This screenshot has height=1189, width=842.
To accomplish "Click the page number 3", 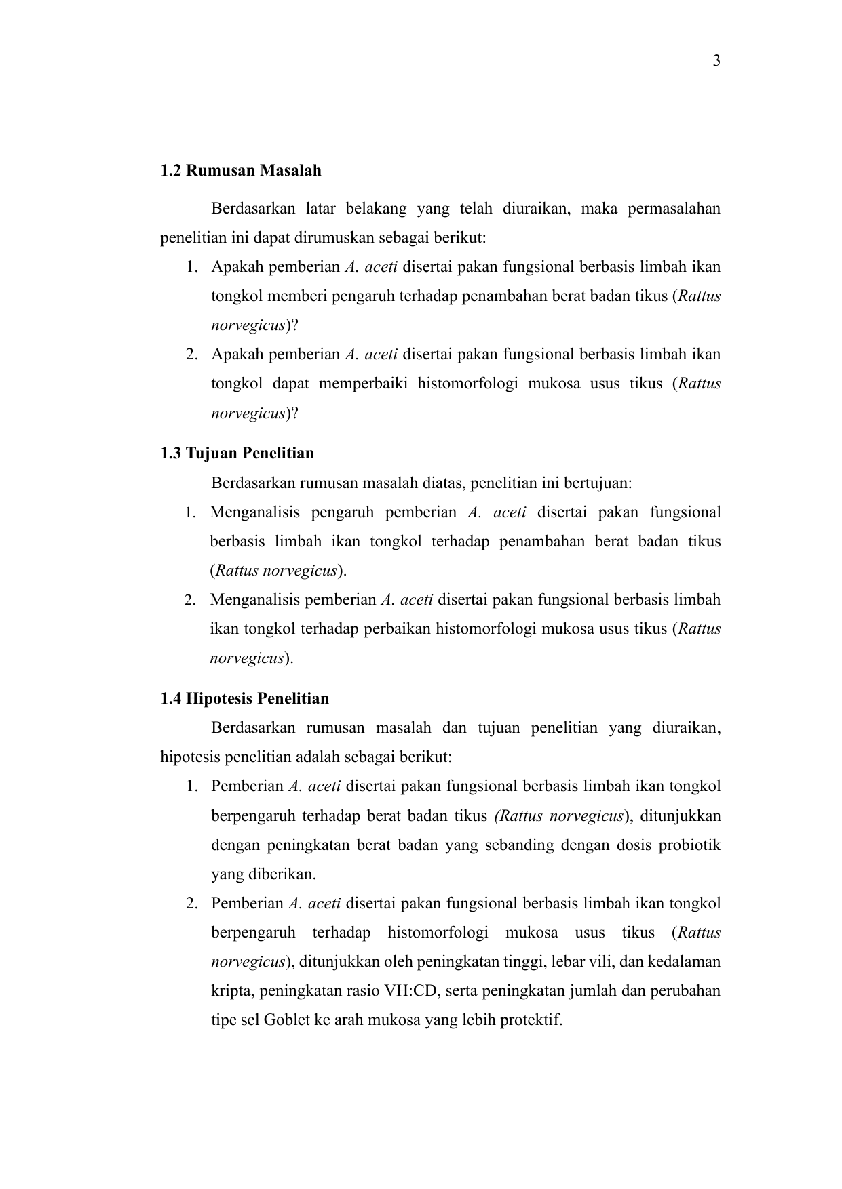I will point(716,62).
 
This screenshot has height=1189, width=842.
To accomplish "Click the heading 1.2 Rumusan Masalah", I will point(241,170).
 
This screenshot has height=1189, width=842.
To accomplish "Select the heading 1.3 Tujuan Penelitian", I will point(237,453).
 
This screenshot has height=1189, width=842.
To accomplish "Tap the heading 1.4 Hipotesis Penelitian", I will point(244,698).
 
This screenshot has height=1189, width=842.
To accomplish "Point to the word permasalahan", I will point(674,208).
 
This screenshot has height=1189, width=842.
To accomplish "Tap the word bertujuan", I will point(601,483).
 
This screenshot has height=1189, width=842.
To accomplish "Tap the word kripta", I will point(229,991).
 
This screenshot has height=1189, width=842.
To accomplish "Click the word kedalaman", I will point(685,962).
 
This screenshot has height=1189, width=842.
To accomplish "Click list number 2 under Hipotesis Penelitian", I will point(192,904).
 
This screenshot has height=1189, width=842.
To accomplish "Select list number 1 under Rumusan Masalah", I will point(192,267).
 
